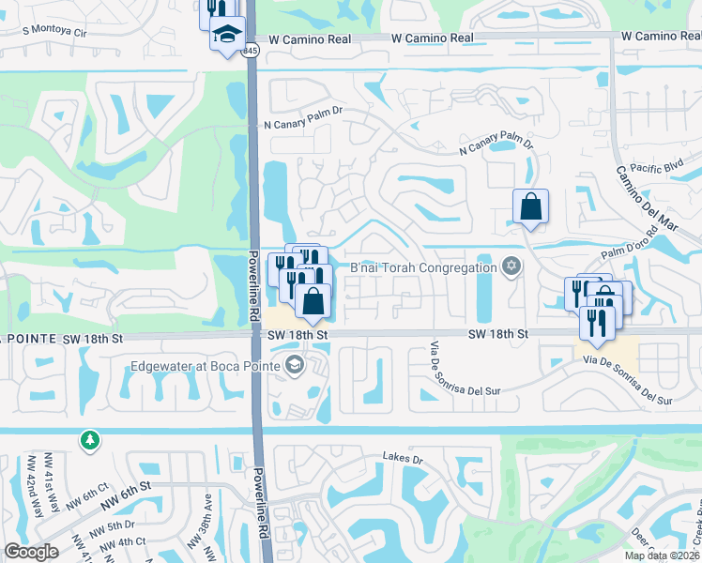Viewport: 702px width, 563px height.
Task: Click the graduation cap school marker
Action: [x=226, y=35]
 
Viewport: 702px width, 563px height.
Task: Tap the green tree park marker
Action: [x=89, y=439]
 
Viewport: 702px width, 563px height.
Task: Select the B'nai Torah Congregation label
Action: [x=423, y=267]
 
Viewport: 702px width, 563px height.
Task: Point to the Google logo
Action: [x=31, y=552]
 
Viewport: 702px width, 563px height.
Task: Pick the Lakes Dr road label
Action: [x=404, y=458]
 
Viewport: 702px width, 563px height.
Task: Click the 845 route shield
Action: [x=250, y=51]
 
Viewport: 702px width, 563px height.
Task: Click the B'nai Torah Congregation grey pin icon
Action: [x=511, y=266]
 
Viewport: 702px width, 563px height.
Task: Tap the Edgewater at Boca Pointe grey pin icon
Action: [x=294, y=365]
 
